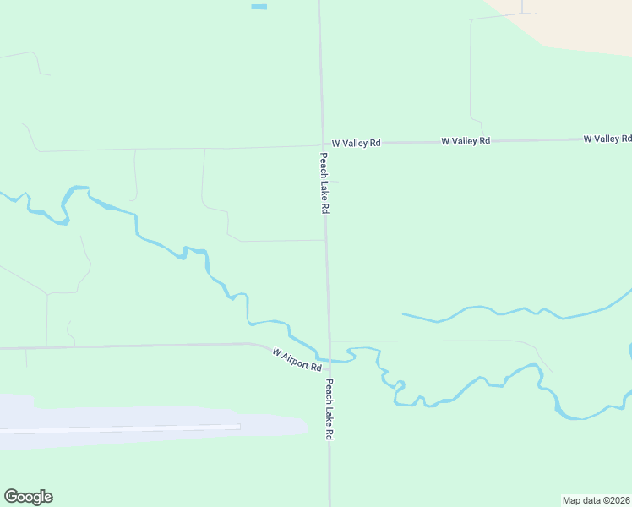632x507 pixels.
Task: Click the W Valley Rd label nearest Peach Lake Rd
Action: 356,144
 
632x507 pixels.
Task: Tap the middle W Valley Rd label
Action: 466,141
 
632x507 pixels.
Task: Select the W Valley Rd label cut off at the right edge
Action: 607,139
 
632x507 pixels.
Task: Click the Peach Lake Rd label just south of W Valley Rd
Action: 324,183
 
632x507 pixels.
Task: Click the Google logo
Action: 28,497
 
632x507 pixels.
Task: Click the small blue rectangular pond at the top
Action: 259,7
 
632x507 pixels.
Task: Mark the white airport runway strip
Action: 127,429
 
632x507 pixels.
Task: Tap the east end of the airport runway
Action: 238,427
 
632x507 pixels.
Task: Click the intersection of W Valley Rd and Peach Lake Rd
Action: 322,144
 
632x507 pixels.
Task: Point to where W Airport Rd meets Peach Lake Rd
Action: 330,361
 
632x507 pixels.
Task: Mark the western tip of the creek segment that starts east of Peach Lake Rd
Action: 403,314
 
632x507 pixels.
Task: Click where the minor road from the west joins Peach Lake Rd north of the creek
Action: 326,241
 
